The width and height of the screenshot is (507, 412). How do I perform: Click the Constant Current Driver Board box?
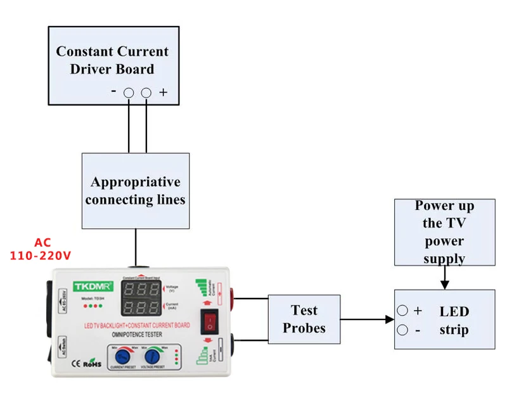click(113, 65)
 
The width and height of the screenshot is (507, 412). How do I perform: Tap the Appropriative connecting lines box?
click(136, 191)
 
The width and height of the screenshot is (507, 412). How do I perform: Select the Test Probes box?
click(304, 319)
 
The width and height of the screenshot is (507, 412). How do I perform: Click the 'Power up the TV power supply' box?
click(444, 232)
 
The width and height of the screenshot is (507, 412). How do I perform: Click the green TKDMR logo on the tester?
click(93, 285)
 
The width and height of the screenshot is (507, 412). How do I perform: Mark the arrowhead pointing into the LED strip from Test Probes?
click(389, 319)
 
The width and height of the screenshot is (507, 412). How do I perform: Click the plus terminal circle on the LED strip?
click(402, 311)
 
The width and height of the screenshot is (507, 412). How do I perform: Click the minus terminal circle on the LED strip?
click(402, 330)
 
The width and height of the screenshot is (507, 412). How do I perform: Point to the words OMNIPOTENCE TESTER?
click(132, 334)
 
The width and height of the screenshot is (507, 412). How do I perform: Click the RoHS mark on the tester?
click(93, 364)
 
